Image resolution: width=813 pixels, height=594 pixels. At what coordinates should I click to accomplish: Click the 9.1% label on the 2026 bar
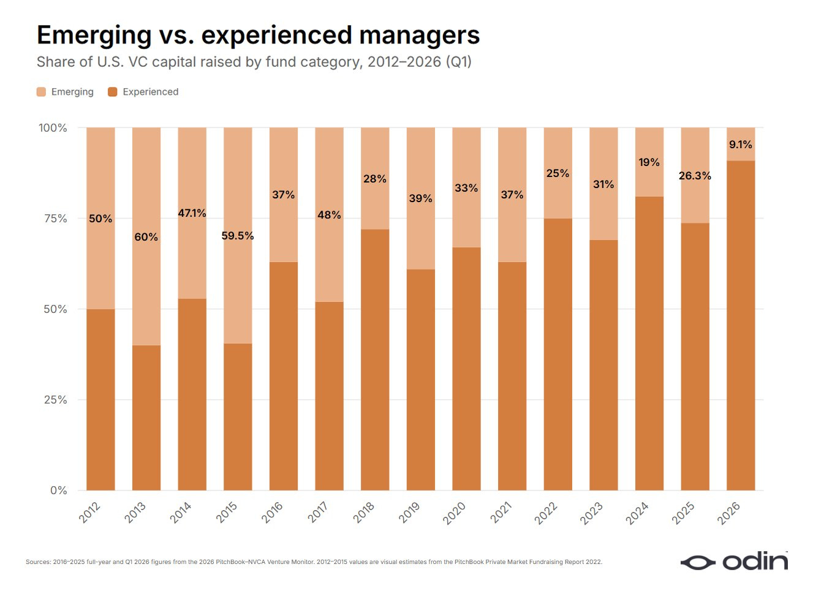coord(741,145)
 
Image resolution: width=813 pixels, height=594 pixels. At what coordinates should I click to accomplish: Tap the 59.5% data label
coord(237,236)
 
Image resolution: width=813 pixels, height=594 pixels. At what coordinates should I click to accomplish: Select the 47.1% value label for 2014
coord(192,213)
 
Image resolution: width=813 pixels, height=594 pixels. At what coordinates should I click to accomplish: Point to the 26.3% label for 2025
coord(695,176)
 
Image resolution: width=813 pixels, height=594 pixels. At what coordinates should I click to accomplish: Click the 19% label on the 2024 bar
coord(649,162)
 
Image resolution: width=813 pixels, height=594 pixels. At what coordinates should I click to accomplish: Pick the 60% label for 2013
coord(146,237)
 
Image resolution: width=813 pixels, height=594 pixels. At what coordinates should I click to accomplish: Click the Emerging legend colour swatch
coord(41,92)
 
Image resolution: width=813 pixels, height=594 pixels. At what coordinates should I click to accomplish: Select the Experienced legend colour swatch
coord(113,92)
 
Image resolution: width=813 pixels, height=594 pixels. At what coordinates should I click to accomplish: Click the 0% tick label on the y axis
coord(58,491)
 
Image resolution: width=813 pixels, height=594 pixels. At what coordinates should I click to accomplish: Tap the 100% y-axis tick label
coord(53,128)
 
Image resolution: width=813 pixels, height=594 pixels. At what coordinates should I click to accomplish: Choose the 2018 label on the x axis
coord(364,513)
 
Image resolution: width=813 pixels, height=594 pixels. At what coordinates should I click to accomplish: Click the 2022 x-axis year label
coord(546,513)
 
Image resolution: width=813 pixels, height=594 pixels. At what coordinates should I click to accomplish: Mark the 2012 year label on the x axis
coord(89,513)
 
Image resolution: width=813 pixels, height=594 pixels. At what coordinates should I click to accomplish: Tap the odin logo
coord(734,563)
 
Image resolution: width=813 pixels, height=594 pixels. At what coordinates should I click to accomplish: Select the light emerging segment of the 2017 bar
coord(329,215)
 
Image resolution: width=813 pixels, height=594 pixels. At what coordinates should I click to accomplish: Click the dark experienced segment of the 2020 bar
coord(466,369)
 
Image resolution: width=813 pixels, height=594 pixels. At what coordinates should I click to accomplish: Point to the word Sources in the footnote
coord(39,562)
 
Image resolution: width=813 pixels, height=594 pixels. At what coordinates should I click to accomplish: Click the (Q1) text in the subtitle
coord(459,62)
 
